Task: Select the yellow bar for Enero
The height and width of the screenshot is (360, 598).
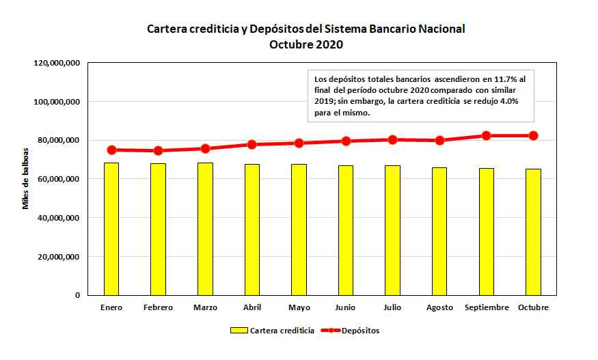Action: tap(111, 229)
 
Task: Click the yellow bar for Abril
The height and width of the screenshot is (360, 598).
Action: tap(252, 230)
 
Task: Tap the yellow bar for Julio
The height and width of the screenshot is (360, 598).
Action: tap(392, 230)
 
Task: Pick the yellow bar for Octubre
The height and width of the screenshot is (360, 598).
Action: tap(533, 232)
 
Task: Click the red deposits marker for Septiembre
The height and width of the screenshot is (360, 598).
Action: tap(487, 135)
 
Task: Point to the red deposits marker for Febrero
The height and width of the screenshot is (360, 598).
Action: tap(158, 150)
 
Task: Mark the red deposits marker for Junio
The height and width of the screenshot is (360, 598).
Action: tap(346, 141)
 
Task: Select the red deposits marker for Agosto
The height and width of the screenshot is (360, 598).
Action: tap(439, 140)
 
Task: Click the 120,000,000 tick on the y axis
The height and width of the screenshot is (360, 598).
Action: tap(57, 63)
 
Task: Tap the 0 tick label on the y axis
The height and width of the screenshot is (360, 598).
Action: tap(77, 295)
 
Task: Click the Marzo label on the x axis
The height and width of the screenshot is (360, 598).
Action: tap(205, 307)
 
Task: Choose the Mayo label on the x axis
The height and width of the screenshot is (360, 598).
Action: tap(299, 307)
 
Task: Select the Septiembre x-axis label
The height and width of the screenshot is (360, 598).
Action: tap(487, 307)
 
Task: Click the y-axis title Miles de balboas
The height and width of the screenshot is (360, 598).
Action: tap(27, 178)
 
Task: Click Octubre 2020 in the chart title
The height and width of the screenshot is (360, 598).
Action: tap(305, 45)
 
